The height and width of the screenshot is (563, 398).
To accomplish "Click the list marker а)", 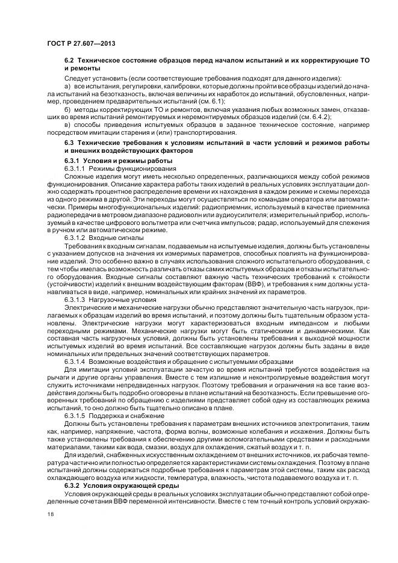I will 67,87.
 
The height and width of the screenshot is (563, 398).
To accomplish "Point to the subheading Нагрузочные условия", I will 122,299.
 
